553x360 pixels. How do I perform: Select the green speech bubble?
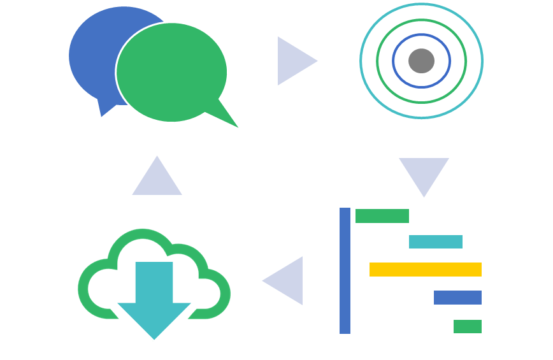(x=171, y=72)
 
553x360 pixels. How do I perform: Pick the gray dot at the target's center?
(x=421, y=61)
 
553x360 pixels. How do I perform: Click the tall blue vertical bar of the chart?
(x=345, y=271)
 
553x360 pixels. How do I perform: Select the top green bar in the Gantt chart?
(x=382, y=216)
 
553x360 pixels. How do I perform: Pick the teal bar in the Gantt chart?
(x=435, y=242)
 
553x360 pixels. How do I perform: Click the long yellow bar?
(x=425, y=270)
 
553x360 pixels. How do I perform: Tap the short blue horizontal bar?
(x=457, y=298)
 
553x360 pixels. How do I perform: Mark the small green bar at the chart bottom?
(x=467, y=326)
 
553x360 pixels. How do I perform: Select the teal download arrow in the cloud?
(x=154, y=299)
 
